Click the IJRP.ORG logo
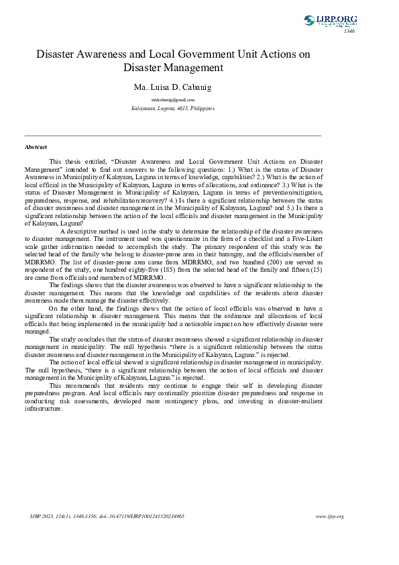coord(330,21)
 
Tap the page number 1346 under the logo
coord(349,32)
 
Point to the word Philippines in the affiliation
coord(202,108)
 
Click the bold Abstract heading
coord(36,147)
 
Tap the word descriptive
coord(91,232)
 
